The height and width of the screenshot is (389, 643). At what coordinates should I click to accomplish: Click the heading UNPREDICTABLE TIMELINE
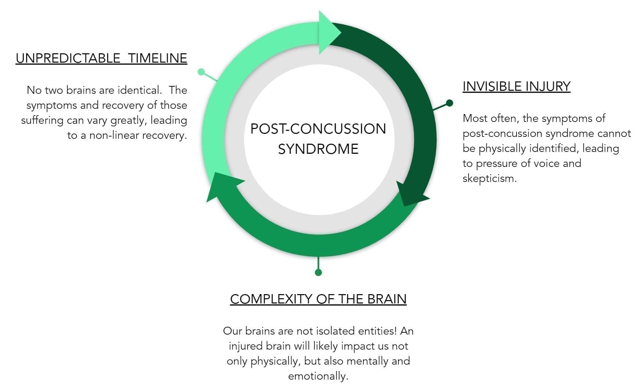[x=101, y=58]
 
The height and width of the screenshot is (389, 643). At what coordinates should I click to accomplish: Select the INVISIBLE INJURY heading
[x=516, y=86]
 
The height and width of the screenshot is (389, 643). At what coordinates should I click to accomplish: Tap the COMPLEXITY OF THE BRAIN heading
[x=318, y=299]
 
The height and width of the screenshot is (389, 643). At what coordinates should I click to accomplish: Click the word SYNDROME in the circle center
[x=318, y=149]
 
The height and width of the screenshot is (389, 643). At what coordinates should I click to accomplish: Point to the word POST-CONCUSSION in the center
[x=318, y=129]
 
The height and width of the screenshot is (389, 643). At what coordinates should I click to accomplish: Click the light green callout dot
[x=201, y=72]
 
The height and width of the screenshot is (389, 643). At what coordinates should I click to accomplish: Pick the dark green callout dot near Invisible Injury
[x=449, y=103]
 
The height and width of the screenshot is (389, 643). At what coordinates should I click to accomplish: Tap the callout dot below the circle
[x=318, y=272]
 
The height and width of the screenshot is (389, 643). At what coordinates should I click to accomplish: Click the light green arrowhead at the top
[x=328, y=33]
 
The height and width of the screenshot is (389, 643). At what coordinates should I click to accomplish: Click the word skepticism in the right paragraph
[x=489, y=178]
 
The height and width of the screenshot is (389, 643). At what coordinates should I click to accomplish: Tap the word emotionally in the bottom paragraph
[x=318, y=376]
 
